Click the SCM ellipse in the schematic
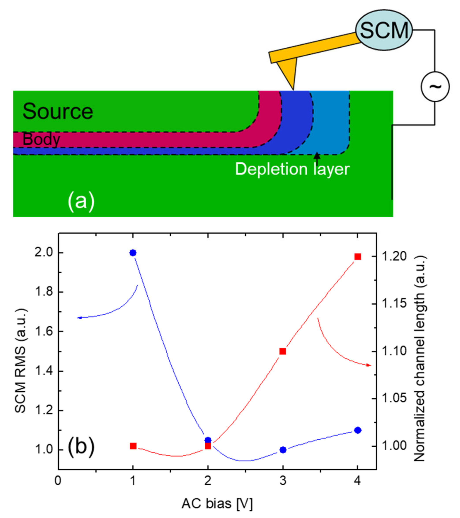384,30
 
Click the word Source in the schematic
58,111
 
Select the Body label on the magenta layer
41,139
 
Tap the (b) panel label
81,447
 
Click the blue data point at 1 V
133,253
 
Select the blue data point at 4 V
358,430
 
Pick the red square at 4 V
358,257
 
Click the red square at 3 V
283,351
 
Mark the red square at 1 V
133,446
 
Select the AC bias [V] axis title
217,503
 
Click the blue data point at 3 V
283,450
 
